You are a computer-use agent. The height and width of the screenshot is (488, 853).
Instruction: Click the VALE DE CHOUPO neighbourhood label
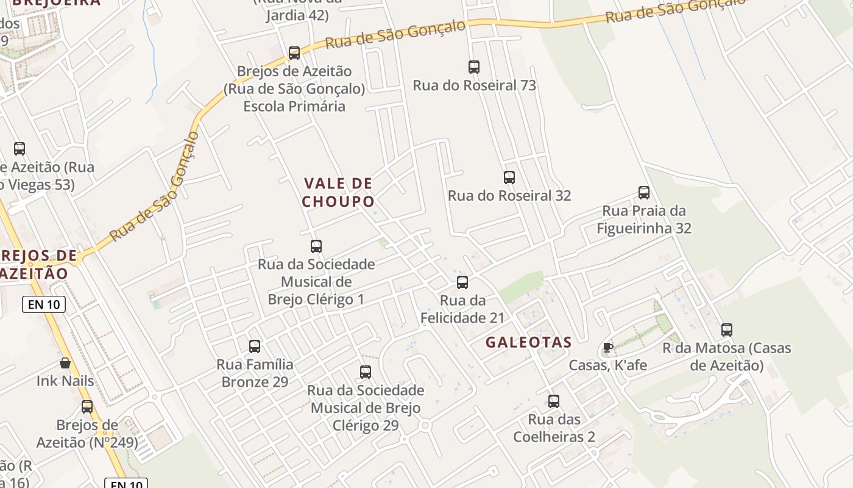click(x=338, y=192)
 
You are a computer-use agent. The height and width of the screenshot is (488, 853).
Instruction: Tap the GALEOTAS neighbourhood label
click(x=528, y=342)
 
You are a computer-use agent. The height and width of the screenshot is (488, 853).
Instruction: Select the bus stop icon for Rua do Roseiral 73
click(x=474, y=67)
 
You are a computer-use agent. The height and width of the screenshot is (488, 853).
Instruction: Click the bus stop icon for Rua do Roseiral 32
click(x=509, y=178)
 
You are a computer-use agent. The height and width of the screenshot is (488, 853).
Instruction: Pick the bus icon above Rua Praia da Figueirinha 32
click(x=644, y=193)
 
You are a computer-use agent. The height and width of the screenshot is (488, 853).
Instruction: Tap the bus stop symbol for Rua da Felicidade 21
click(x=462, y=282)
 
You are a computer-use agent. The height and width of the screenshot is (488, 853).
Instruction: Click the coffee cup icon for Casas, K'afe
click(x=607, y=347)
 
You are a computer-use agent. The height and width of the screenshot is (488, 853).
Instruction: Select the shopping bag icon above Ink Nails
click(x=65, y=363)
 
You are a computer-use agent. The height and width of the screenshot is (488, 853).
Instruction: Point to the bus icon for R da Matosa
click(x=727, y=330)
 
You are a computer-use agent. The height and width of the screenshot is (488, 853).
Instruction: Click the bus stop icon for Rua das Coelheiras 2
click(x=554, y=401)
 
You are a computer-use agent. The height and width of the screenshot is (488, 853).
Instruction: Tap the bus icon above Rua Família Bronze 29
click(x=255, y=346)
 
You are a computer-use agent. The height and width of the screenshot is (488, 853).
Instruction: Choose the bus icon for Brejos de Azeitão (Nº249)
click(x=87, y=407)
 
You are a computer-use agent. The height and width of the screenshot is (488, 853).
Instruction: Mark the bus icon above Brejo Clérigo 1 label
click(x=316, y=246)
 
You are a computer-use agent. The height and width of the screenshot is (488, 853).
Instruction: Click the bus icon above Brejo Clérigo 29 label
click(x=366, y=372)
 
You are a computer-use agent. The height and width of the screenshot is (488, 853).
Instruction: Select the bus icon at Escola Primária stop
click(x=294, y=53)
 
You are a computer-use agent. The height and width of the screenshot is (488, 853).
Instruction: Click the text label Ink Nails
click(x=65, y=381)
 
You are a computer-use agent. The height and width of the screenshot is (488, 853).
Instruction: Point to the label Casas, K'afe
click(x=607, y=365)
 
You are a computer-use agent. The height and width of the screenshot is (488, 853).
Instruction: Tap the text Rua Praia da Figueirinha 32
click(x=644, y=220)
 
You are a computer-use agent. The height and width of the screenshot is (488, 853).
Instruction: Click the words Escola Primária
click(x=294, y=106)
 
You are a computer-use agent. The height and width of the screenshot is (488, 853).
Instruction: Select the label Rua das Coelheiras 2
click(x=554, y=428)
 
